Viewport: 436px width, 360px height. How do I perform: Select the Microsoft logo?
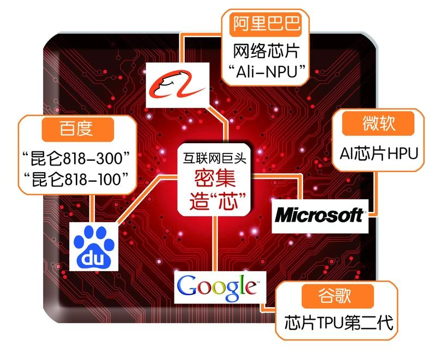pos(319,214)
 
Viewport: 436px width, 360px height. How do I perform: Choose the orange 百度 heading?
pos(77,130)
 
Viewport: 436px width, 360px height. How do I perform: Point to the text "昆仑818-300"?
pos(77,157)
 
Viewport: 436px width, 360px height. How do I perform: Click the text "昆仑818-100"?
pos(77,178)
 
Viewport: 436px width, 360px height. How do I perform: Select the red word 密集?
pos(215,177)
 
